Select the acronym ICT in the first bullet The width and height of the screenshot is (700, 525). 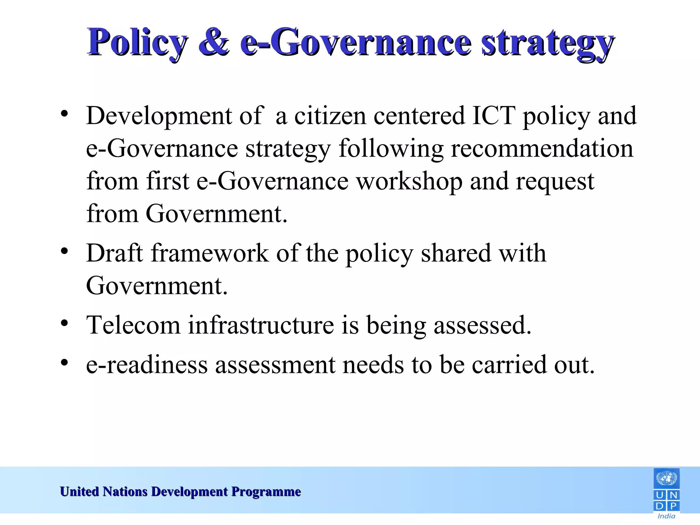point(493,116)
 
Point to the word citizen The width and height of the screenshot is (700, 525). point(330,116)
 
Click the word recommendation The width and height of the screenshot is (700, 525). point(542,148)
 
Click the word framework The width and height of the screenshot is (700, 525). point(210,253)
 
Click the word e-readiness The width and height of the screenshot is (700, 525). point(147,364)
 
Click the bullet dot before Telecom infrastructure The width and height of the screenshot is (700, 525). point(64,323)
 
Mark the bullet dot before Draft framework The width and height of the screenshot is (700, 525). point(64,251)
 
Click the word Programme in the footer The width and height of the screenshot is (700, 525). point(266,492)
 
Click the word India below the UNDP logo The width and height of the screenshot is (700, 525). point(666,516)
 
